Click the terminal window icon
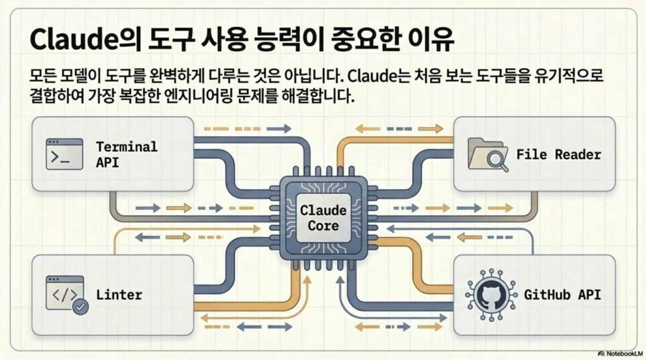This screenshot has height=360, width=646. tap(64, 154)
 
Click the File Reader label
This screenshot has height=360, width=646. tap(558, 154)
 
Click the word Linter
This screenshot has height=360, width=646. tap(119, 294)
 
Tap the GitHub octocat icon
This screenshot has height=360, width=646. tap(488, 294)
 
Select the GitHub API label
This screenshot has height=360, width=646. tap(563, 294)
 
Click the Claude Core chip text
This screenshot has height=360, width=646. tap(323, 218)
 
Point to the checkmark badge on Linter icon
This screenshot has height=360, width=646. tap(81, 307)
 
